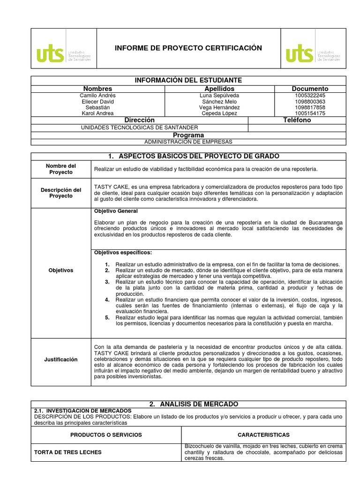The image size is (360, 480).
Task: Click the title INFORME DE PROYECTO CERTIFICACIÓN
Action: [188, 48]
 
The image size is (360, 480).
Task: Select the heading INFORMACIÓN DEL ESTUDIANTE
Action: [188, 81]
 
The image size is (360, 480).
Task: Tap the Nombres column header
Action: [97, 89]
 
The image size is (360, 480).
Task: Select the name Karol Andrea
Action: [97, 113]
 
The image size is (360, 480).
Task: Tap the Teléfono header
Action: [297, 120]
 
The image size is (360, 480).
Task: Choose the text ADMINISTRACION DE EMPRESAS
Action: [188, 142]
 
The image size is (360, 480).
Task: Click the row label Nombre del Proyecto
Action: [61, 169]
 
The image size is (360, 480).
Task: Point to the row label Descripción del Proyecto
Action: [61, 193]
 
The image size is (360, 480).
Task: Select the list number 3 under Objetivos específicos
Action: [107, 282]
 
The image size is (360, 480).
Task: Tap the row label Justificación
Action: [61, 360]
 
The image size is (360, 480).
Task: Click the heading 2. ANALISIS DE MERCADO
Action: [188, 404]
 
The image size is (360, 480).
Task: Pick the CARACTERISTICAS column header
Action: [263, 435]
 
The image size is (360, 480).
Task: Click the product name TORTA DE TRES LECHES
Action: [68, 452]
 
